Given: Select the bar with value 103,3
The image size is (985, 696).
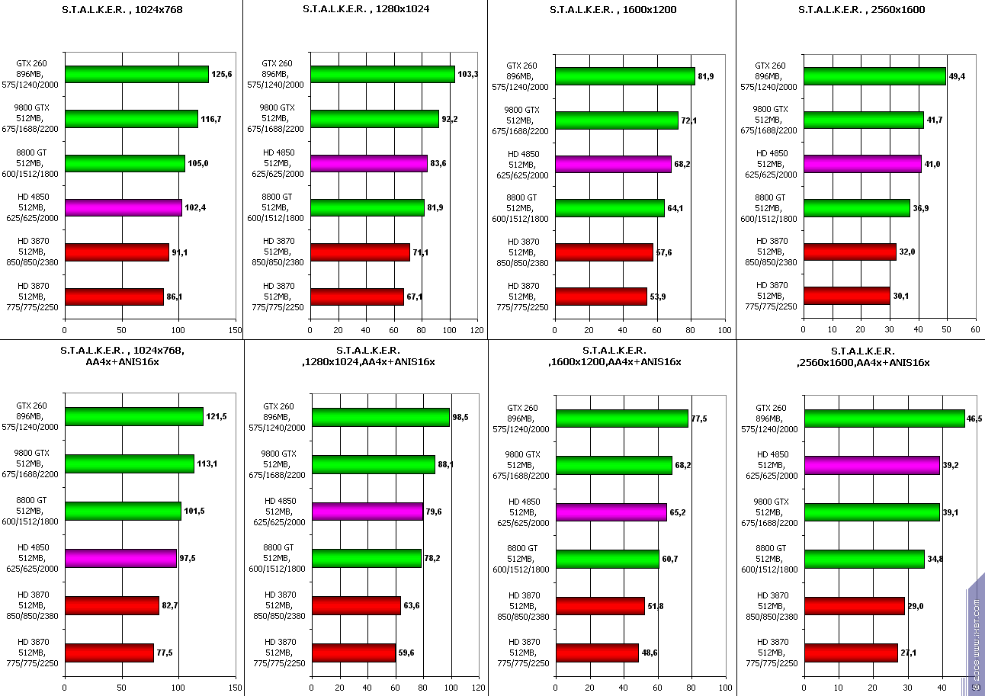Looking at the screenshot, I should [382, 74].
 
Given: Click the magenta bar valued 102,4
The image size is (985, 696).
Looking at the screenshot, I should [123, 207].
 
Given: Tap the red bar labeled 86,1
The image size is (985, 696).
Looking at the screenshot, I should [114, 297].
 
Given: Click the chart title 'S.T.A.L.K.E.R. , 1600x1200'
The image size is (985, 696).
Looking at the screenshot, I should [612, 10].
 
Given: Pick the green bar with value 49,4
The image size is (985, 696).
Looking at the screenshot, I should [874, 76].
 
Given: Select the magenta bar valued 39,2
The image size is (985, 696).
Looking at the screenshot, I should [871, 465].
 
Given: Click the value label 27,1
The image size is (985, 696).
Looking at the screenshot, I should [908, 653].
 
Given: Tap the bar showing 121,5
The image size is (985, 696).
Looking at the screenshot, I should [133, 416].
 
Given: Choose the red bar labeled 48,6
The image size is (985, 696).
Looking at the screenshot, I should [597, 653].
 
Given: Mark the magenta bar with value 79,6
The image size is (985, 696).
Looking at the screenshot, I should [367, 511].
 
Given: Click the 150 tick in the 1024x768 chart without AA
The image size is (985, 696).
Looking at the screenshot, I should [235, 331].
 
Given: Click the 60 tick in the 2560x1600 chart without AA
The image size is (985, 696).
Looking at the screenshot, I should [975, 329].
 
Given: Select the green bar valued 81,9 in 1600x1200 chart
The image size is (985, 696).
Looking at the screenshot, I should [624, 76].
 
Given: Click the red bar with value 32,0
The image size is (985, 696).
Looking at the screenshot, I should [849, 252].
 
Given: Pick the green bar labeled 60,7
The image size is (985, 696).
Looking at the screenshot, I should [607, 559].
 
